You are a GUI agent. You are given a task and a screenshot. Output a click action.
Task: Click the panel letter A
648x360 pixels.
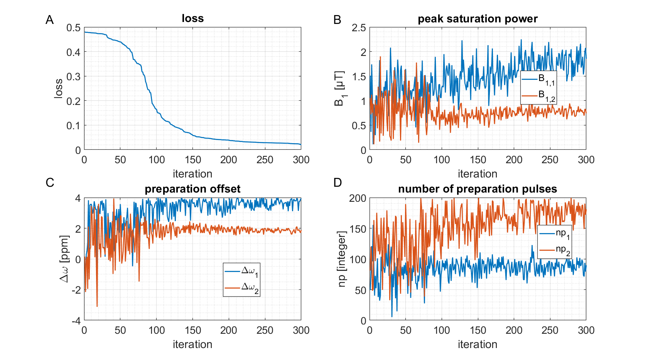click(49, 20)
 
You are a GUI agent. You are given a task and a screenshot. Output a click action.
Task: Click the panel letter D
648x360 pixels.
click(337, 183)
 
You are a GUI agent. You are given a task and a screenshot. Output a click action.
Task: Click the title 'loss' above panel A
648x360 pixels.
click(192, 19)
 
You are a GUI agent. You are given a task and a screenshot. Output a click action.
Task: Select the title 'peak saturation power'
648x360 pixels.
click(478, 19)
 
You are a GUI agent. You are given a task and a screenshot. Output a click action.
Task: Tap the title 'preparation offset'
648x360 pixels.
click(192, 189)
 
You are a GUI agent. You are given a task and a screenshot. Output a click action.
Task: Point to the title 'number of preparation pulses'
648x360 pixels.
click(478, 189)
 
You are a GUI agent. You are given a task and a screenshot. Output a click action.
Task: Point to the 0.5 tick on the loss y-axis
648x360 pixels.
click(73, 28)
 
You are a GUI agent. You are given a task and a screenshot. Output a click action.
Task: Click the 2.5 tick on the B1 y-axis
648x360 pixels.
click(359, 28)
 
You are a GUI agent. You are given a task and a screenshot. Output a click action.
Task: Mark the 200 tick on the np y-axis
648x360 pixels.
click(357, 198)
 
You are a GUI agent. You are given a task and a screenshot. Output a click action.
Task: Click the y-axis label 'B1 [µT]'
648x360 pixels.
click(339, 88)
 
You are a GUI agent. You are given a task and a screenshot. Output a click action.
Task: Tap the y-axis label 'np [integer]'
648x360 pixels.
click(342, 259)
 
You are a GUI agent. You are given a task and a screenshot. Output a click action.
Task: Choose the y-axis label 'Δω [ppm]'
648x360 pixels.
click(64, 259)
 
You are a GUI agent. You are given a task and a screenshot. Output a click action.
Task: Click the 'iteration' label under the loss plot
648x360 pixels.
click(192, 174)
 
